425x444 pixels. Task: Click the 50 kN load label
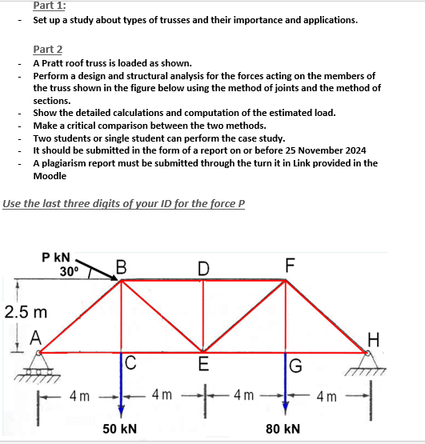120,429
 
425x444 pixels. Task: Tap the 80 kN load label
284,429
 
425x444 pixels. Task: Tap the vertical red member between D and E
203,316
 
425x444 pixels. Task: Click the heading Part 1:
50,6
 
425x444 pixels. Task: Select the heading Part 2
47,50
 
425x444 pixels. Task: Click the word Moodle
50,175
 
